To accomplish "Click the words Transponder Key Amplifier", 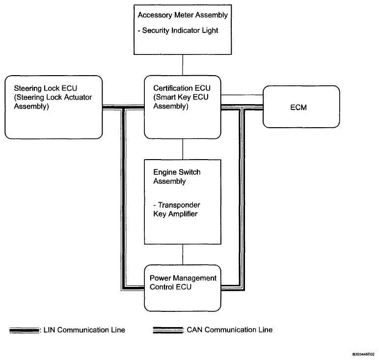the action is tap(176, 209).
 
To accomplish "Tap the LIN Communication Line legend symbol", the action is tap(24, 330).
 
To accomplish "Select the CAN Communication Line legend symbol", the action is tap(168, 330).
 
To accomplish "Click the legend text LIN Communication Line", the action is tap(84, 330).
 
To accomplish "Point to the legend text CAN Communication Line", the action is tap(230, 330).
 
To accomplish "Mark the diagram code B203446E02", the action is tap(363, 355).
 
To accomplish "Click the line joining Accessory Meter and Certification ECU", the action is tap(183, 65).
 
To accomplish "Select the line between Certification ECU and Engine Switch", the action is tap(183, 149).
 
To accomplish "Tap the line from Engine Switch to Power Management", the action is tap(183, 254).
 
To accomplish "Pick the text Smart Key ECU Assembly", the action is tap(181, 102).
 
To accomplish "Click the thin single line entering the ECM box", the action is tap(242, 95).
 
